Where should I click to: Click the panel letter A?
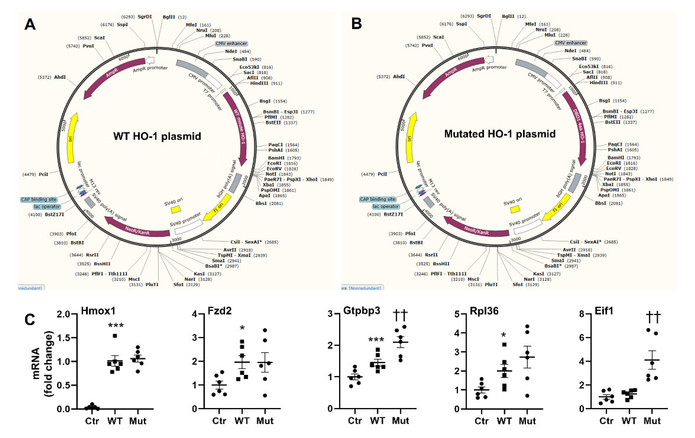[x=30, y=24]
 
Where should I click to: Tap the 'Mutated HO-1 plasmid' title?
[x=500, y=134]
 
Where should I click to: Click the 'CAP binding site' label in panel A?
[x=39, y=199]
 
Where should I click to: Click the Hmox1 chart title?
[x=98, y=311]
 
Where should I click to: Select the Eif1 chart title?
[x=604, y=311]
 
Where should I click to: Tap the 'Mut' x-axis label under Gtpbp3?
[x=400, y=421]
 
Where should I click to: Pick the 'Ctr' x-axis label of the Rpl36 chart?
[x=481, y=421]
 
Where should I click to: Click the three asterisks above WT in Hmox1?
[x=116, y=326]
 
